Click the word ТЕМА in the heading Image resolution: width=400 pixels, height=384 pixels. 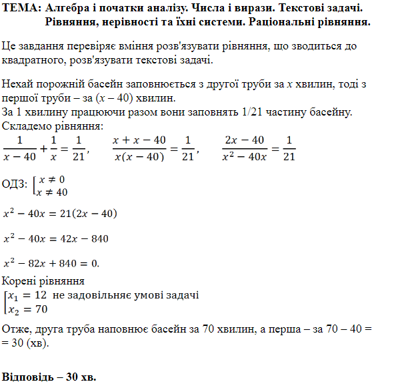(20, 9)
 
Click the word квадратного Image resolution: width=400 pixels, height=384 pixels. (33, 61)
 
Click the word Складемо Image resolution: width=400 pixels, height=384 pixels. (28, 125)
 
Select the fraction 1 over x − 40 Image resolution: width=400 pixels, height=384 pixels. (20, 148)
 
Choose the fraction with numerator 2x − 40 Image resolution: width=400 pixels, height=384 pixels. (245, 148)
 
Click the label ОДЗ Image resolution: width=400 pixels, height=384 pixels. (14, 185)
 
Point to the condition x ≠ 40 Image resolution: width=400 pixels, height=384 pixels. (53, 192)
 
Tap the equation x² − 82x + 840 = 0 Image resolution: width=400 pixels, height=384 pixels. (51, 262)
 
